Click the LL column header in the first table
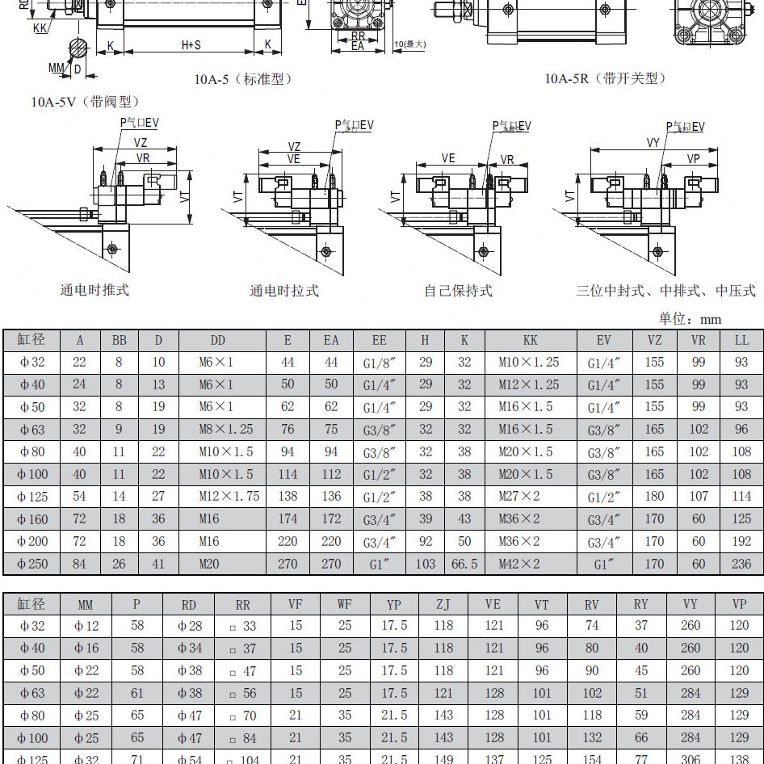pyautogui.click(x=741, y=341)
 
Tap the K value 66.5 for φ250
pyautogui.click(x=464, y=564)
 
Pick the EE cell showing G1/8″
pyautogui.click(x=379, y=363)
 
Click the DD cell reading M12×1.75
pyautogui.click(x=229, y=496)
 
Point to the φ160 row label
pyautogui.click(x=33, y=518)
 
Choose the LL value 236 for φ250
pyautogui.click(x=741, y=564)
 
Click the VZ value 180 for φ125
pyautogui.click(x=654, y=496)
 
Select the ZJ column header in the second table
pyautogui.click(x=443, y=603)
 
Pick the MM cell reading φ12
pyautogui.click(x=86, y=625)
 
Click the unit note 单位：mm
pyautogui.click(x=690, y=318)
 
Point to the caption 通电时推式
pyautogui.click(x=94, y=290)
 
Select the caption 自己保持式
pyautogui.click(x=458, y=290)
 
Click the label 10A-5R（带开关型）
pyautogui.click(x=606, y=78)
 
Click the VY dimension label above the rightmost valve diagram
pyautogui.click(x=654, y=143)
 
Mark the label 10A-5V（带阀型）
pyautogui.click(x=86, y=101)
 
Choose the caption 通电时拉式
pyautogui.click(x=283, y=290)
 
